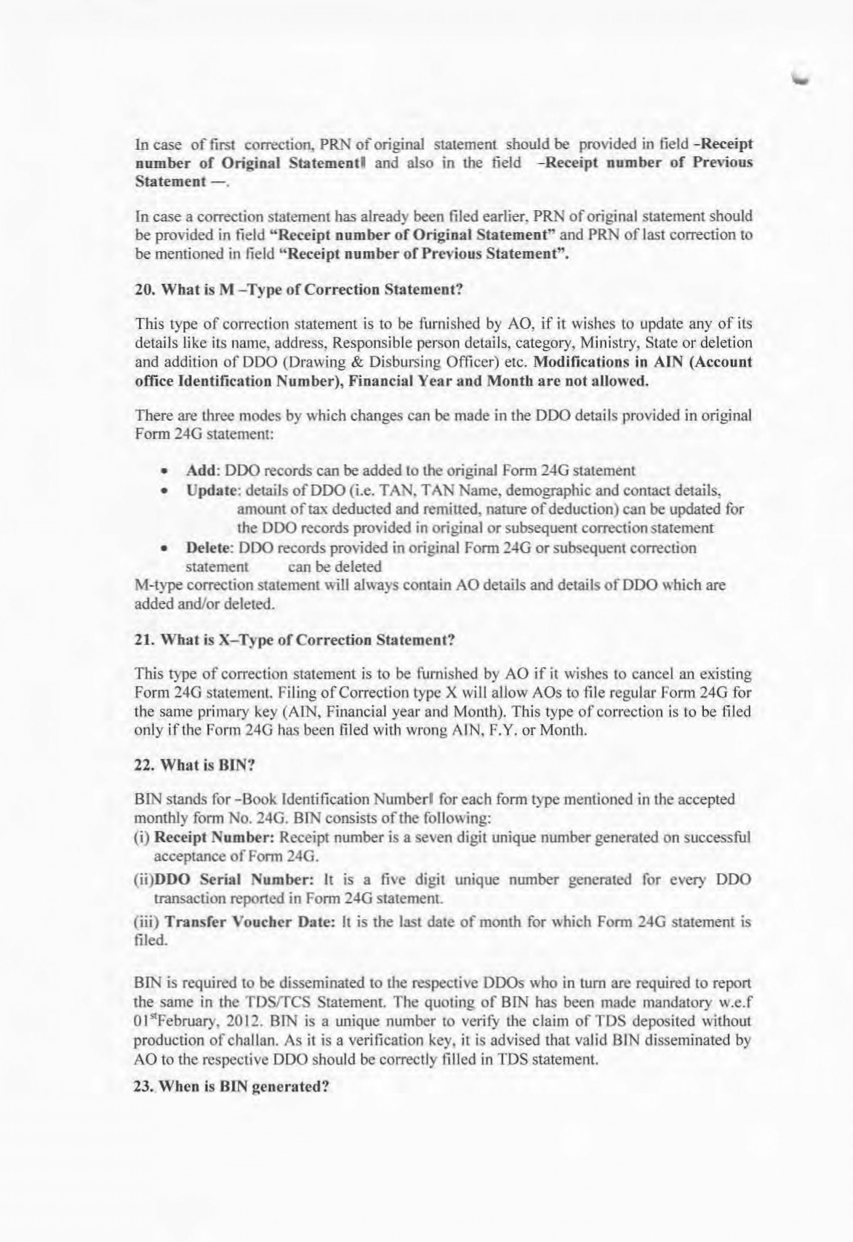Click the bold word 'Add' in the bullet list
tap(198, 470)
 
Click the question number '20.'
tap(145, 290)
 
